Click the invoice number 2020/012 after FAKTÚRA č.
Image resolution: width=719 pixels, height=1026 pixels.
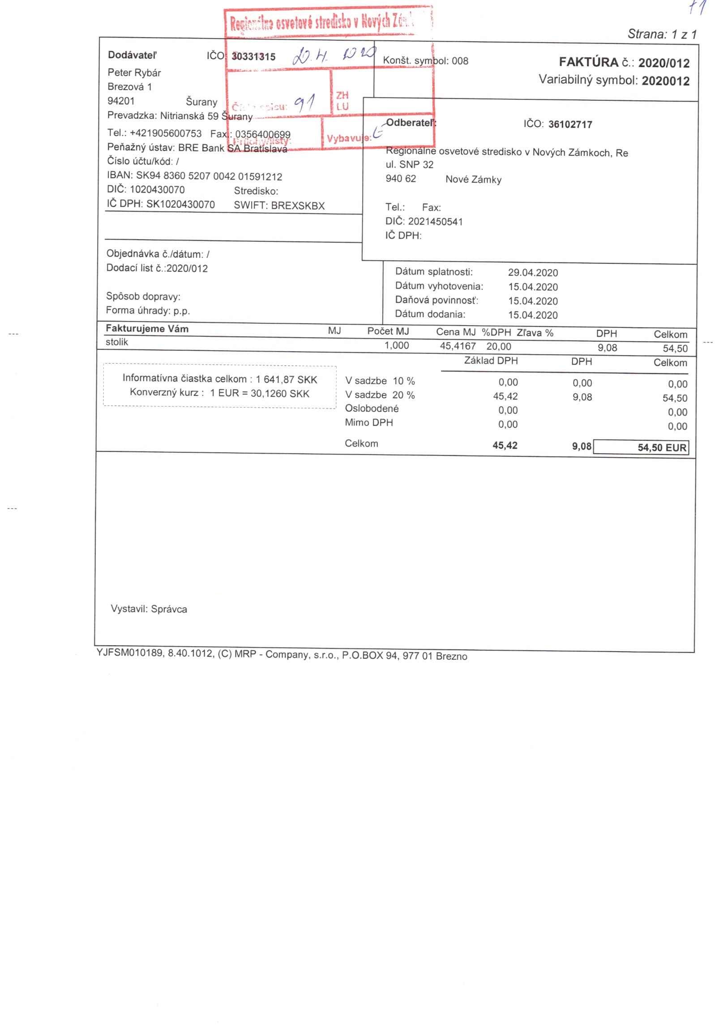(x=663, y=63)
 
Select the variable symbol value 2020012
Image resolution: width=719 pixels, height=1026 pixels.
(x=665, y=81)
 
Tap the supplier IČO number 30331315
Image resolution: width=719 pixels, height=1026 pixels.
(x=254, y=57)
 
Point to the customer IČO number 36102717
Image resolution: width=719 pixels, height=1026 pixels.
(x=570, y=125)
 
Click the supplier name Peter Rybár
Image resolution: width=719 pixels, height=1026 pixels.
(x=134, y=73)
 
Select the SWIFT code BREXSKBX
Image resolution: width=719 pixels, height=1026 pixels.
(x=298, y=206)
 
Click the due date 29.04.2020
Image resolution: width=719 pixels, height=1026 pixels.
(x=533, y=273)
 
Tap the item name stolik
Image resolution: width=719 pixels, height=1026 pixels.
(x=117, y=342)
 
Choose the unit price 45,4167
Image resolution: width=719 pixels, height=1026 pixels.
(x=458, y=346)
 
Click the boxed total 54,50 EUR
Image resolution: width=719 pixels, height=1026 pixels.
(x=662, y=448)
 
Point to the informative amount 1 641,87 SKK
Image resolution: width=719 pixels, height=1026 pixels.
(x=286, y=380)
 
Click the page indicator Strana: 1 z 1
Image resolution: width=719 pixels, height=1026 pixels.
(x=662, y=34)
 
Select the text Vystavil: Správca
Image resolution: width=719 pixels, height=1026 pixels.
(x=149, y=609)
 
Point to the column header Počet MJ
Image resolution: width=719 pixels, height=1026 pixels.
(x=388, y=332)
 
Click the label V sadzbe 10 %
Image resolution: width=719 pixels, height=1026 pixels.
(x=380, y=381)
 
